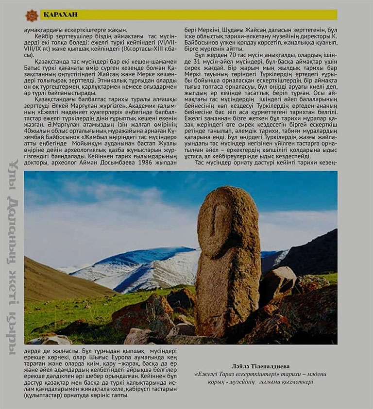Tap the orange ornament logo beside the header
pos(32,16)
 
